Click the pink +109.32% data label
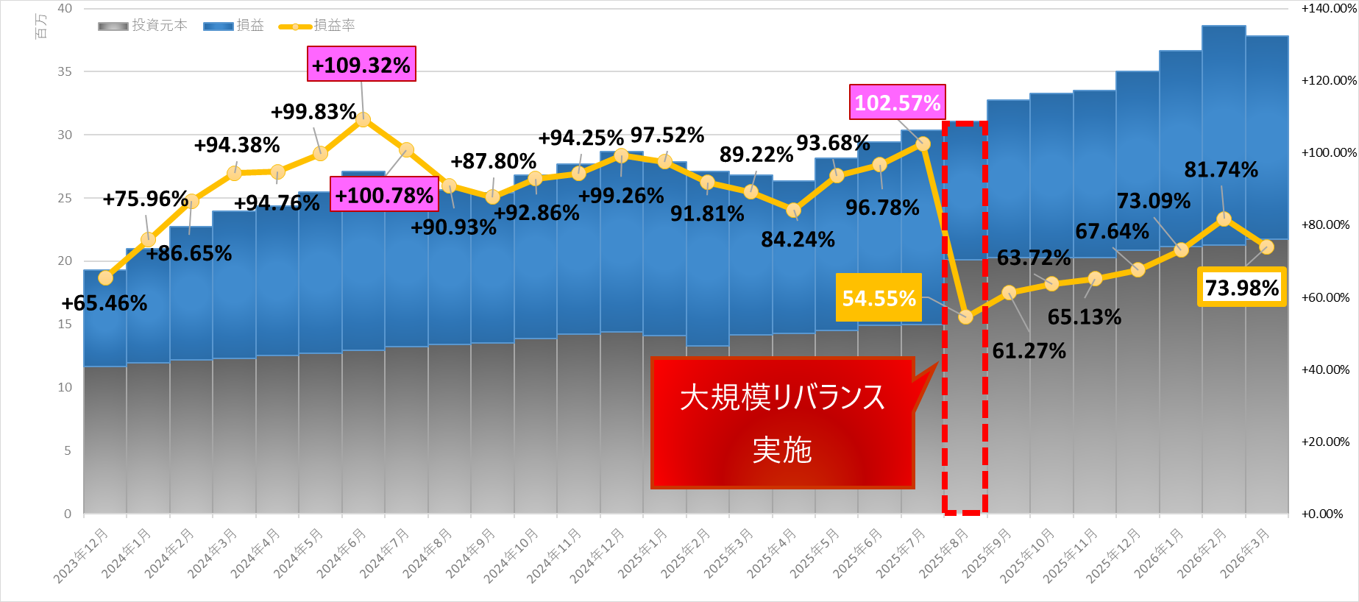361,64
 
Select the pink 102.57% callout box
897,102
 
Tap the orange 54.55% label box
879,298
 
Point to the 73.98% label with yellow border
1241,287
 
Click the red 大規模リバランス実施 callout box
782,423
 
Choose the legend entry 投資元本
143,26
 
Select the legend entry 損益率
318,26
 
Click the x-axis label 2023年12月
82,556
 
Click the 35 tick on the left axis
65,71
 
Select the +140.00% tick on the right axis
1328,9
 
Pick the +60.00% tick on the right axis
1325,297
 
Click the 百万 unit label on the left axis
41,26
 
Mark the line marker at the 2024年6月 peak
363,119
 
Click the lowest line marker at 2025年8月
965,317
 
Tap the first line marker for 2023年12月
105,278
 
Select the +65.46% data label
104,303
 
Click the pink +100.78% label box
384,195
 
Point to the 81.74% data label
1221,170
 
